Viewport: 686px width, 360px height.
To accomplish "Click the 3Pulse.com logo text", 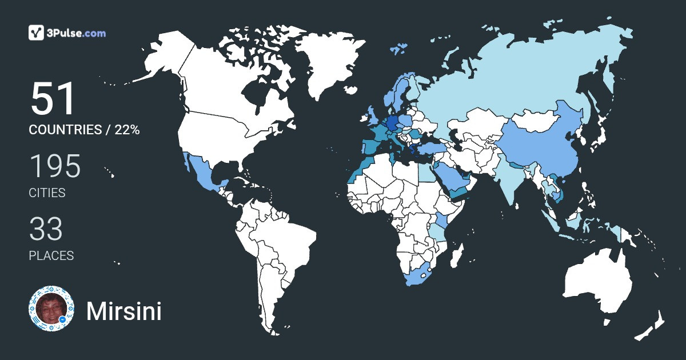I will point(77,33).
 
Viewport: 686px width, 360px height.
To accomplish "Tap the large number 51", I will point(53,99).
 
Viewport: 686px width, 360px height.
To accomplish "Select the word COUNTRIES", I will point(65,130).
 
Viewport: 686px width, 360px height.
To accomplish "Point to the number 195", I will point(55,167).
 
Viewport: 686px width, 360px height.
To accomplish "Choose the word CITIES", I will point(47,193).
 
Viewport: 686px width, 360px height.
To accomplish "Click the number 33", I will point(46,229).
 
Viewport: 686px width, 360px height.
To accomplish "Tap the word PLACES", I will point(51,256).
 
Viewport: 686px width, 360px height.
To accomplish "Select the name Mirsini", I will point(123,311).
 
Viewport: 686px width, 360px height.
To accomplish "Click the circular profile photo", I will point(51,309).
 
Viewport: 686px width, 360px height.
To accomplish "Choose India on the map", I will point(509,177).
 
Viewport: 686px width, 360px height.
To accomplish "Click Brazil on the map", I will point(289,240).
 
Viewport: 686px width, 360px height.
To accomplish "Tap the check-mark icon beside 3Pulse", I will point(37,33).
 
